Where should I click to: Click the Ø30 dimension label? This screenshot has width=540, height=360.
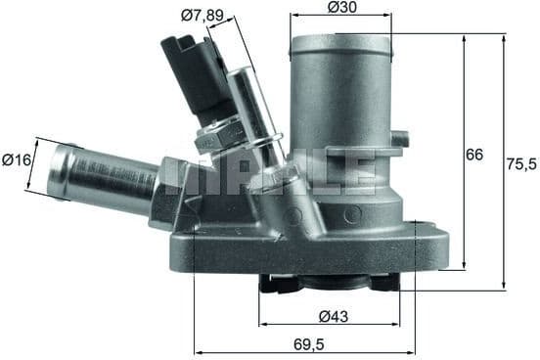click(340, 8)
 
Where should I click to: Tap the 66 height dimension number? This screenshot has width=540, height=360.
click(474, 155)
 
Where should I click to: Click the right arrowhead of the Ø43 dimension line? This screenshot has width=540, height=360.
click(400, 324)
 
